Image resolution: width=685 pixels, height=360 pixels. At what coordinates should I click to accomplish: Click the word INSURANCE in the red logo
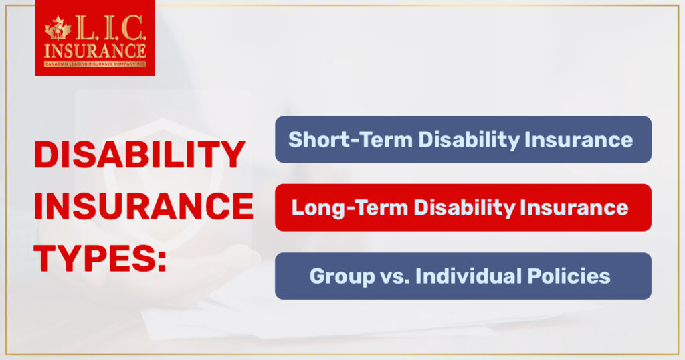[95, 51]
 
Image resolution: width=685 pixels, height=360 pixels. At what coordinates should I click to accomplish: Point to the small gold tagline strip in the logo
[95, 64]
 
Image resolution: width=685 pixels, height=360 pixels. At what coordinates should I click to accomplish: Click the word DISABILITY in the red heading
[139, 154]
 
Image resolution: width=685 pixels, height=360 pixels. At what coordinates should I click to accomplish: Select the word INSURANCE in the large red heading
[144, 206]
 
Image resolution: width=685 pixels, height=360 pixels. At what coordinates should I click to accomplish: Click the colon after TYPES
[162, 261]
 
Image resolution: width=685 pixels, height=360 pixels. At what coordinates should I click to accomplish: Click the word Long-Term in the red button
[349, 207]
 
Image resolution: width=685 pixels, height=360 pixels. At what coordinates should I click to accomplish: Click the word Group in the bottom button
[342, 276]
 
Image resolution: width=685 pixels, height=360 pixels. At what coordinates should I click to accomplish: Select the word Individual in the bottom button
[469, 276]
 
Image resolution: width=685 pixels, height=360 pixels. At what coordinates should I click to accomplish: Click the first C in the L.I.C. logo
[134, 28]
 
